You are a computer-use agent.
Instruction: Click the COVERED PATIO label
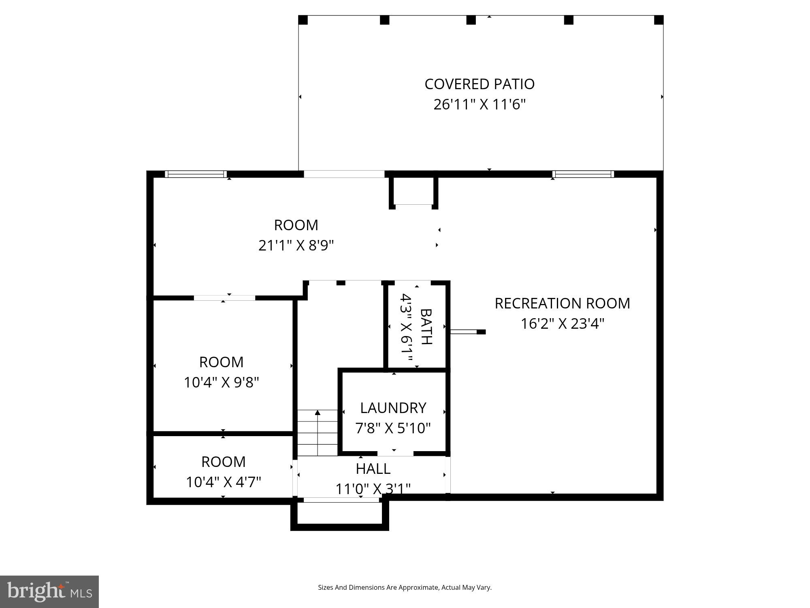(480, 84)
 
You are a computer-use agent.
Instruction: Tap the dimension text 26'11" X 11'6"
(480, 105)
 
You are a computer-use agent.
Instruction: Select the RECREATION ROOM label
(562, 303)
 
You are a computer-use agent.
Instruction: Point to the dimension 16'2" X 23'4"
(562, 324)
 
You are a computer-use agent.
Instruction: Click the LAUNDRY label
(393, 408)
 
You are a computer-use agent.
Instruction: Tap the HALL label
(373, 469)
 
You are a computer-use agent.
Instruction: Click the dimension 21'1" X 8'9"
(296, 245)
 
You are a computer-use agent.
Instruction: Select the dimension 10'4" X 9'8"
(221, 382)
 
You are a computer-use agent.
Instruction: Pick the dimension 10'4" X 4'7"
(223, 482)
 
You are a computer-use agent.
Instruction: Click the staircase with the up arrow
(318, 432)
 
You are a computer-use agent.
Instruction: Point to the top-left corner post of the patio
(303, 20)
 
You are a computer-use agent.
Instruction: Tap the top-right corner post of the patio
(659, 20)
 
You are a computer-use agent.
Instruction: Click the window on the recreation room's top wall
(583, 174)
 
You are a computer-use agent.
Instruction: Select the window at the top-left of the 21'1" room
(196, 174)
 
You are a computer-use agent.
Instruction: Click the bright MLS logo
(49, 591)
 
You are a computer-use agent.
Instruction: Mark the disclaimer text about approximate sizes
(405, 587)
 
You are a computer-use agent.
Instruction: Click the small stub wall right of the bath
(468, 332)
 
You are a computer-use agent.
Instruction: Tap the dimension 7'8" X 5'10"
(393, 428)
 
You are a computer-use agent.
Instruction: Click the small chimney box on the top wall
(413, 191)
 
